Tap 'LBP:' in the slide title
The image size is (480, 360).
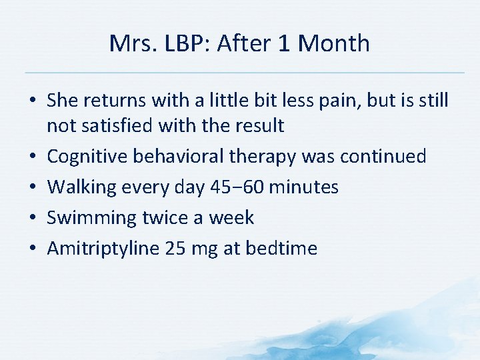[x=183, y=43]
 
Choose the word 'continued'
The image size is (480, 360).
[x=383, y=157]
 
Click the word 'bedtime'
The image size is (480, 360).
[x=281, y=249]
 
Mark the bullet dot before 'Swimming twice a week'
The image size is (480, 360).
[x=33, y=218]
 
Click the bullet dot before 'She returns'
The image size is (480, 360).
[x=33, y=101]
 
